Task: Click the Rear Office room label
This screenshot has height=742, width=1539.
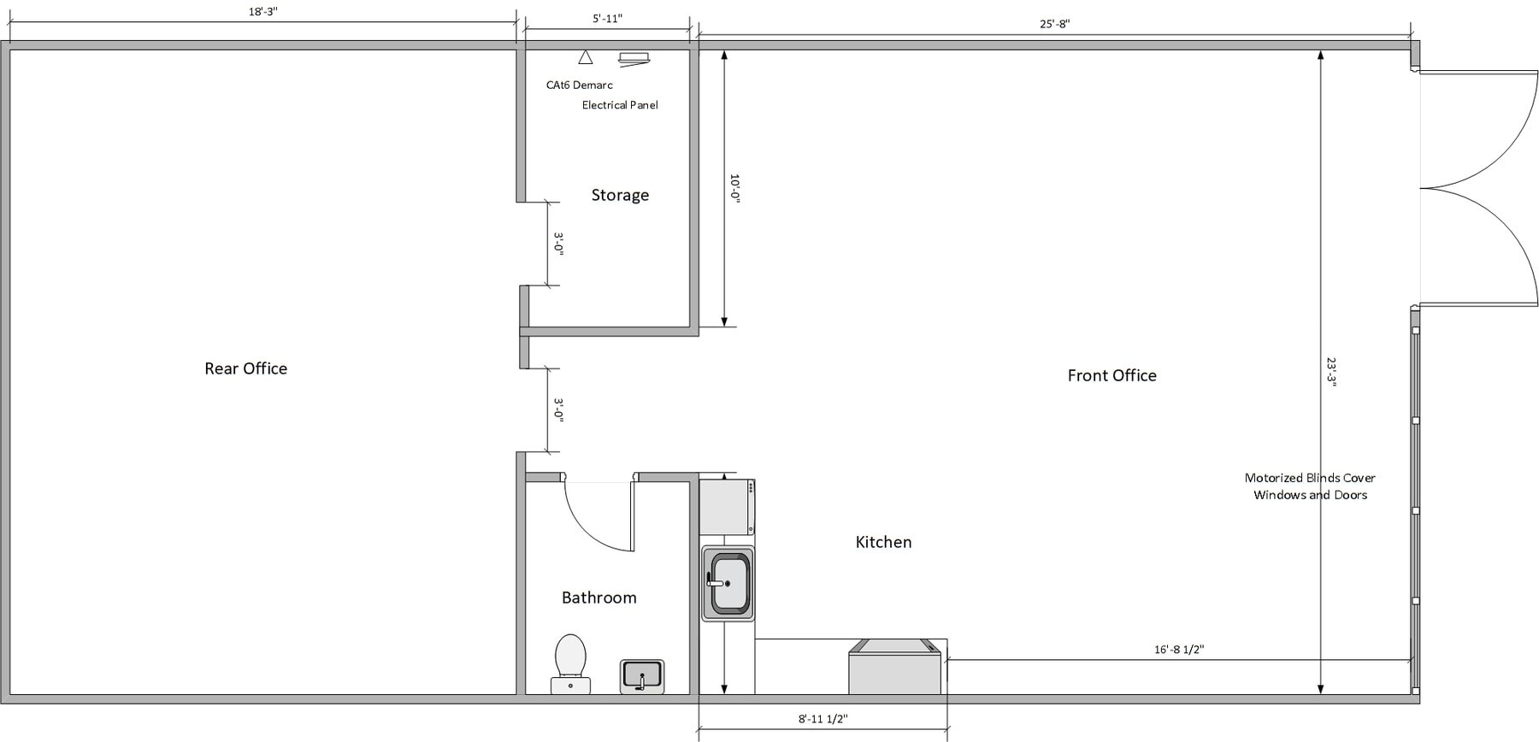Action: [x=245, y=368]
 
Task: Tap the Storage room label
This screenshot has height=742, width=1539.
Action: [x=620, y=195]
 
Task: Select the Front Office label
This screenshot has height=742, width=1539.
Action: [x=1111, y=375]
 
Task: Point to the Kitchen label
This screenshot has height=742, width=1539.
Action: [x=883, y=542]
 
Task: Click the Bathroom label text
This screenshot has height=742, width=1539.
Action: [x=598, y=598]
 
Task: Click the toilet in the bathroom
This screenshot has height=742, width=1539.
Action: [x=570, y=662]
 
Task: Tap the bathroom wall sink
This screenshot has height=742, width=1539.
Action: [x=642, y=675]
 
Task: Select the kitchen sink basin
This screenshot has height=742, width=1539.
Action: [x=728, y=583]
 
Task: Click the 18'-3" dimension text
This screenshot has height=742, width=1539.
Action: [x=262, y=12]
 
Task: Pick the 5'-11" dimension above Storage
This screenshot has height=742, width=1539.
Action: [x=607, y=19]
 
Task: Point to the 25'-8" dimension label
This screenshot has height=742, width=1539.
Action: [x=1054, y=24]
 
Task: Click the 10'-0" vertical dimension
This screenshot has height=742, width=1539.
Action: [x=734, y=188]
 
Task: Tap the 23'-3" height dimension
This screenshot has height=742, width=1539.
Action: [x=1331, y=373]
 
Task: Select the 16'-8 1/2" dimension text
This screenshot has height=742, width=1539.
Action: [x=1178, y=650]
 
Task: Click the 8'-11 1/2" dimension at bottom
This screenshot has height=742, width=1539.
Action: [x=823, y=719]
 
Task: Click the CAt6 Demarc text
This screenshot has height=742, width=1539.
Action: [x=579, y=85]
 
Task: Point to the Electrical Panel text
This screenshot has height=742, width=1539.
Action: [x=620, y=105]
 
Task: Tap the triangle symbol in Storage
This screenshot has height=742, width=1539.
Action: [x=585, y=58]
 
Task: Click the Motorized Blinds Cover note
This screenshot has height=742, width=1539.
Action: [x=1310, y=486]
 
